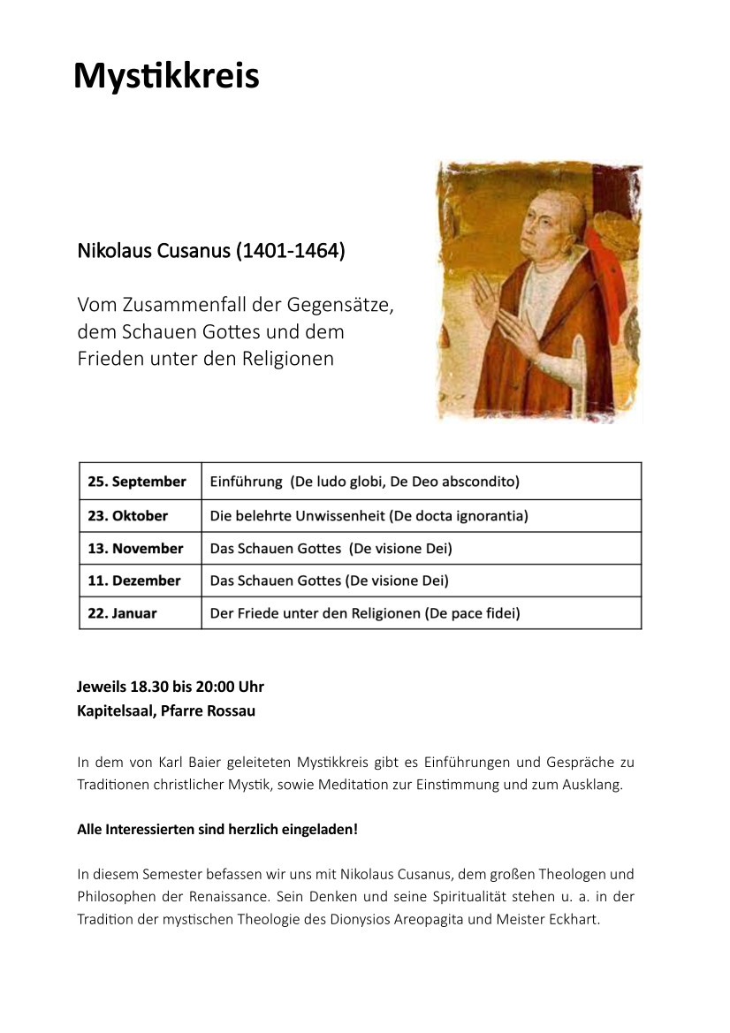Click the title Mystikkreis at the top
click(x=166, y=76)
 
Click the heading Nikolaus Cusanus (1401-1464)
click(x=211, y=251)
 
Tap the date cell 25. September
click(x=137, y=482)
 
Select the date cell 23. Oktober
click(x=127, y=515)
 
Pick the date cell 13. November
click(x=135, y=548)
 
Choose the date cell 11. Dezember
click(x=133, y=581)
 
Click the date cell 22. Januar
click(x=122, y=612)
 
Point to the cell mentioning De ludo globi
click(x=364, y=482)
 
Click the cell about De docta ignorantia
click(x=369, y=515)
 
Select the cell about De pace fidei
click(x=365, y=612)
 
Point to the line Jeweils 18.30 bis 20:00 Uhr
click(x=171, y=687)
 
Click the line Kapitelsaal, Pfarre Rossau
click(x=166, y=710)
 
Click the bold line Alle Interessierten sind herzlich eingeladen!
click(x=217, y=830)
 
